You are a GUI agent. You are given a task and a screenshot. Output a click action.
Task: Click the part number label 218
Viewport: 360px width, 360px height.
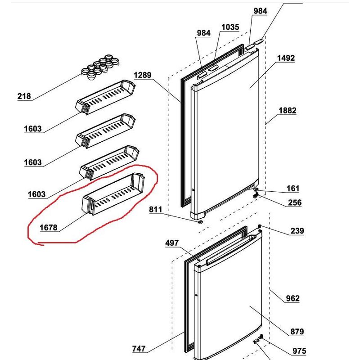(24, 96)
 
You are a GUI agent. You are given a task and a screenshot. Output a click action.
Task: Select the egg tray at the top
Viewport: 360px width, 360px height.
(100, 67)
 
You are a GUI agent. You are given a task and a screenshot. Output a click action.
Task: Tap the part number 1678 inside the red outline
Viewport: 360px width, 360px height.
(49, 228)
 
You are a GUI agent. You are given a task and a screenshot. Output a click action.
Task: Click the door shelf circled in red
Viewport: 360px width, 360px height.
(113, 194)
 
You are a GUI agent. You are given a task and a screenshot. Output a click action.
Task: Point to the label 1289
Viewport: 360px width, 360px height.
(143, 75)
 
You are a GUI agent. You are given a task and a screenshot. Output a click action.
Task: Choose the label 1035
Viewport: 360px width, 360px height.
(230, 27)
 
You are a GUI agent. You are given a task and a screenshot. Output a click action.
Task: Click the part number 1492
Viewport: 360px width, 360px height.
(286, 58)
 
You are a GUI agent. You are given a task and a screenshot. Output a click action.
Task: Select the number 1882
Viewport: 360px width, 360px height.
(288, 111)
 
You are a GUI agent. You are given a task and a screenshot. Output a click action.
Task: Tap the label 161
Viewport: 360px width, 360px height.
(293, 189)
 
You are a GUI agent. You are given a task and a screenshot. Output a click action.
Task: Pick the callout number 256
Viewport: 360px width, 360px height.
(295, 202)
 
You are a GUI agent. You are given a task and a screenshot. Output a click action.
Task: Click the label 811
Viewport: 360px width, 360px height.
(155, 209)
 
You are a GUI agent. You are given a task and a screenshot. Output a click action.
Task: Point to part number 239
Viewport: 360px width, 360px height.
(297, 231)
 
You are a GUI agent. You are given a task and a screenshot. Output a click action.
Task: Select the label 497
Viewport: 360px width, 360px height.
(172, 243)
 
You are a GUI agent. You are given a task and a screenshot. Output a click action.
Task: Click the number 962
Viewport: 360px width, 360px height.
(293, 298)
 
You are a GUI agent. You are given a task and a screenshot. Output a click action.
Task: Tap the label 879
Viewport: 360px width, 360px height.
(297, 332)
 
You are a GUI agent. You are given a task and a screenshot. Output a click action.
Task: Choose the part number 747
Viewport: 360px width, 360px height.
(139, 349)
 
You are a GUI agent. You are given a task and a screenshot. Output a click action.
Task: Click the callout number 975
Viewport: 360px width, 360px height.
(299, 351)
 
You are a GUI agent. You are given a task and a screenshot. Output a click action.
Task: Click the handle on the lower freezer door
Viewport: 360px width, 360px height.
(231, 250)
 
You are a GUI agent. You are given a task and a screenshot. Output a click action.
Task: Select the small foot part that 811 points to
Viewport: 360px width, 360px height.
(201, 221)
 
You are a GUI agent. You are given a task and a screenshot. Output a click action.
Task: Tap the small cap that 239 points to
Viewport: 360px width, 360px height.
(260, 226)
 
